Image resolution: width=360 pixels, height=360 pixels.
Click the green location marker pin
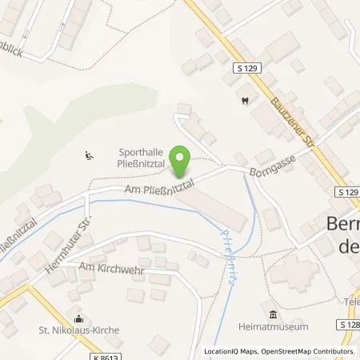click(x=182, y=160)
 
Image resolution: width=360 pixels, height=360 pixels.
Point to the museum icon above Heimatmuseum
click(x=274, y=314)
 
